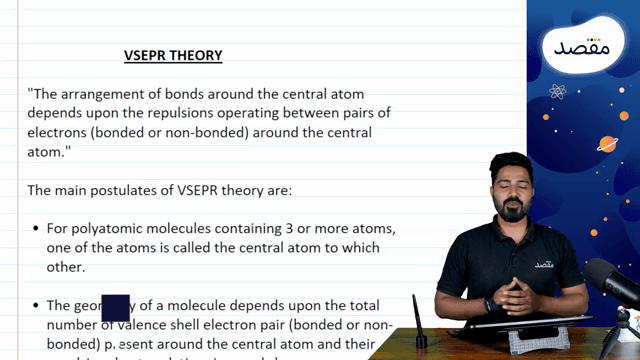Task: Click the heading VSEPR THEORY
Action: [172, 55]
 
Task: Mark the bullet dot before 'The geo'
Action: [36, 305]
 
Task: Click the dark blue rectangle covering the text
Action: [116, 307]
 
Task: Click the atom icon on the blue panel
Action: [557, 92]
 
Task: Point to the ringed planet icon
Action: [606, 144]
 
